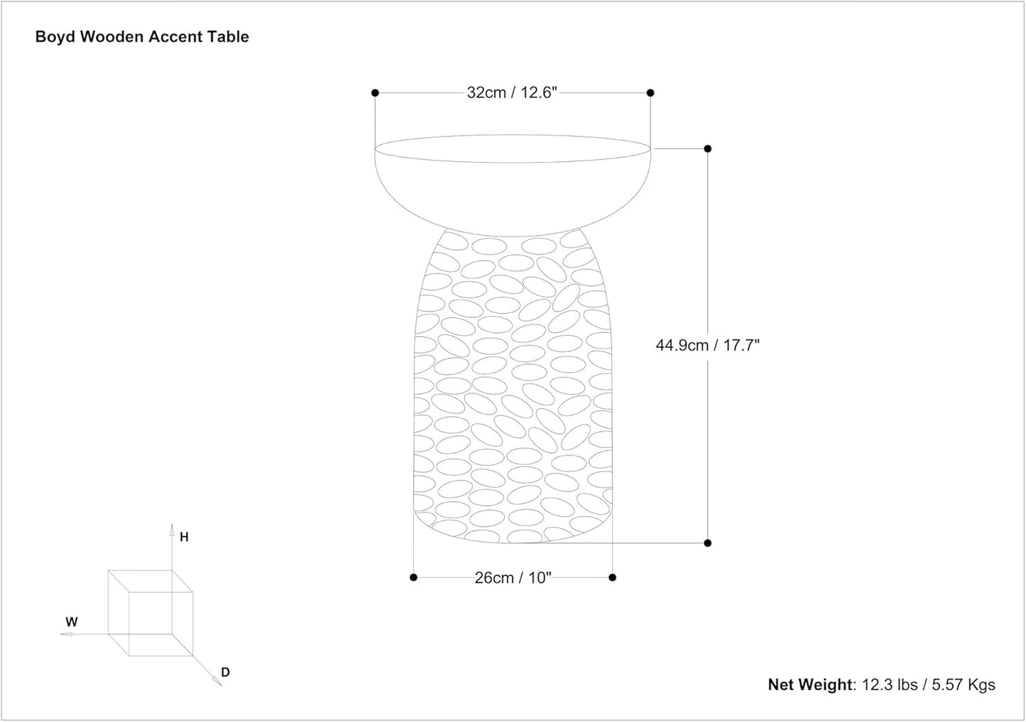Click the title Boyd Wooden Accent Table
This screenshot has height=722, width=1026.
142,37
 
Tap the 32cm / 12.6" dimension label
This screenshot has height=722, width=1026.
512,92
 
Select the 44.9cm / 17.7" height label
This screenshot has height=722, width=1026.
708,345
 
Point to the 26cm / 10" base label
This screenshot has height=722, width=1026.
513,578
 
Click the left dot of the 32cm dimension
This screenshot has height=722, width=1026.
375,93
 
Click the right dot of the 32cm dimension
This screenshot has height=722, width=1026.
650,93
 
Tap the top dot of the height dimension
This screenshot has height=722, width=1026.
708,149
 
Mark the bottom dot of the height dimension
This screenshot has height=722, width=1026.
708,543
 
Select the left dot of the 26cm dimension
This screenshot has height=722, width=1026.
414,577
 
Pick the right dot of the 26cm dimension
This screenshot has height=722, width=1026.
613,577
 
